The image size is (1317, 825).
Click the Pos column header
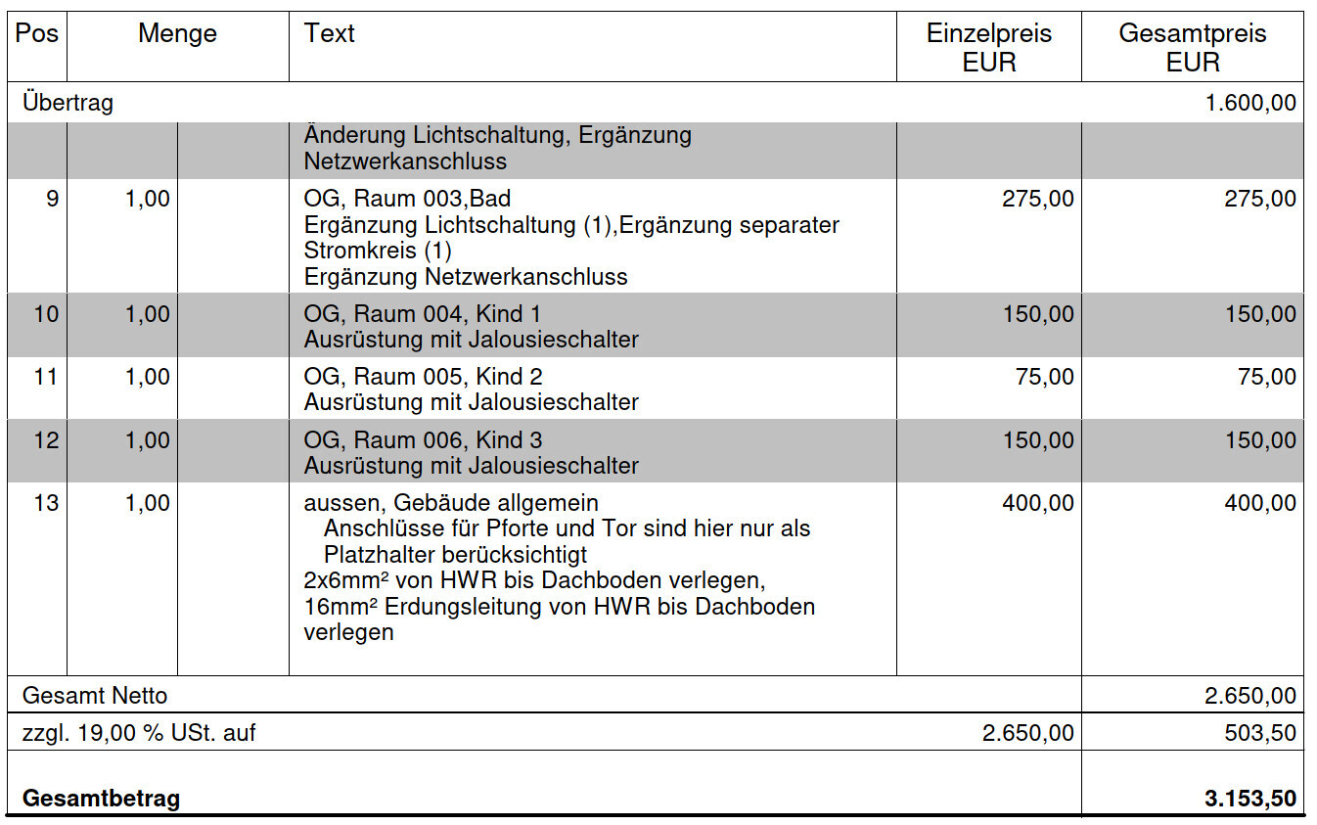pyautogui.click(x=37, y=34)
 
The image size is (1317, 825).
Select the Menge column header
pyautogui.click(x=177, y=34)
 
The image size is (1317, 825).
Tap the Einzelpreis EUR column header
pyautogui.click(x=989, y=48)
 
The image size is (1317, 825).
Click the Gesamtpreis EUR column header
pyautogui.click(x=1193, y=48)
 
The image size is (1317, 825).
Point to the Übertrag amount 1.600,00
pyautogui.click(x=1250, y=103)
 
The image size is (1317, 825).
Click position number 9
pyautogui.click(x=51, y=200)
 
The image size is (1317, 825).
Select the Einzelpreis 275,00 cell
pyautogui.click(x=1037, y=200)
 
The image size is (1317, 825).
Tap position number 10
pyautogui.click(x=46, y=315)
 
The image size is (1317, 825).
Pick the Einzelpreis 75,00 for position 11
pyautogui.click(x=1044, y=378)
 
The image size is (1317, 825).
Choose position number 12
pyautogui.click(x=46, y=441)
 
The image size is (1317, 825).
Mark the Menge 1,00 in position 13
pyautogui.click(x=147, y=504)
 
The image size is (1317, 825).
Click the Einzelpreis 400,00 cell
pyautogui.click(x=1037, y=504)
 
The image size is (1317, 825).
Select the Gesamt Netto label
pyautogui.click(x=95, y=697)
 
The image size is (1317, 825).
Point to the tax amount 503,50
pyautogui.click(x=1260, y=733)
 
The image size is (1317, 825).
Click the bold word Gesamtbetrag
pyautogui.click(x=101, y=799)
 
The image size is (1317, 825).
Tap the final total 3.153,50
pyautogui.click(x=1250, y=799)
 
